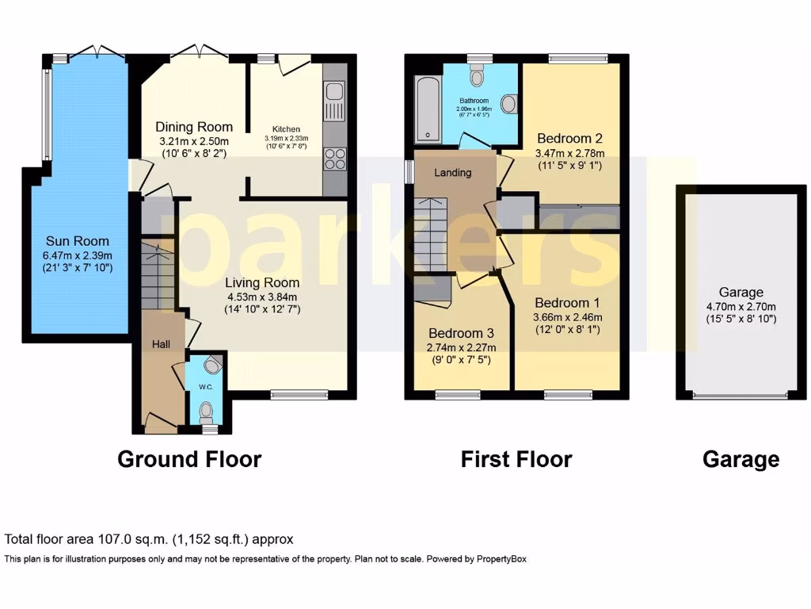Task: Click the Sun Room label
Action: pyautogui.click(x=77, y=241)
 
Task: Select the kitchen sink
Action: pyautogui.click(x=333, y=100)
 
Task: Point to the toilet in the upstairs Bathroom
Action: pyautogui.click(x=477, y=76)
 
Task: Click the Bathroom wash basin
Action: pyautogui.click(x=509, y=105)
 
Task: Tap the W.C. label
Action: pyautogui.click(x=205, y=387)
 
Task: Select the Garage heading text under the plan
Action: pyautogui.click(x=741, y=459)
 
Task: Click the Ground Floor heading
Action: pyautogui.click(x=189, y=458)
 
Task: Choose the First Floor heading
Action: pyautogui.click(x=516, y=458)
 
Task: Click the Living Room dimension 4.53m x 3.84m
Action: pyautogui.click(x=261, y=297)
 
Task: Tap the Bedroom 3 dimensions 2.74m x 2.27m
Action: pyautogui.click(x=462, y=347)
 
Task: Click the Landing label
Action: pyautogui.click(x=453, y=172)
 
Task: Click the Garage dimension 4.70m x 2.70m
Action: pyautogui.click(x=741, y=307)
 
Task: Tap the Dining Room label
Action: pyautogui.click(x=194, y=127)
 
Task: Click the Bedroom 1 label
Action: pyautogui.click(x=567, y=303)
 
